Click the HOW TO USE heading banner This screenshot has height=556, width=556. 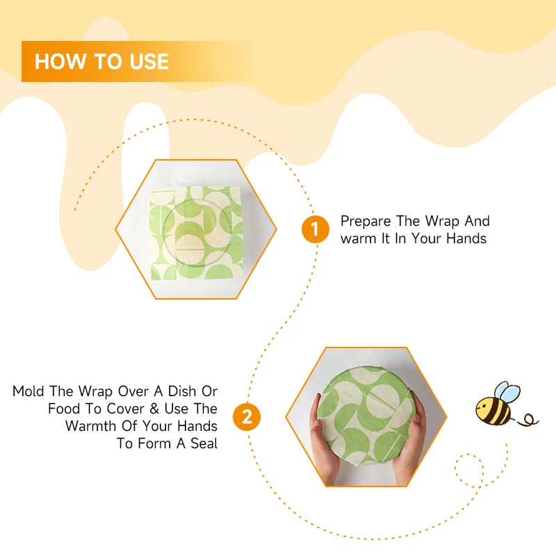point(136,61)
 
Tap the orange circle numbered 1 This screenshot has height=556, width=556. point(315,230)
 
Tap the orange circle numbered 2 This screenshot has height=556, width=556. point(247,418)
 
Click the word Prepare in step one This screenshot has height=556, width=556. point(366,222)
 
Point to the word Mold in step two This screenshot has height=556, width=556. point(29,392)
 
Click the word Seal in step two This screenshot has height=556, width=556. point(202,443)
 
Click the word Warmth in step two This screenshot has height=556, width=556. point(95,426)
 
